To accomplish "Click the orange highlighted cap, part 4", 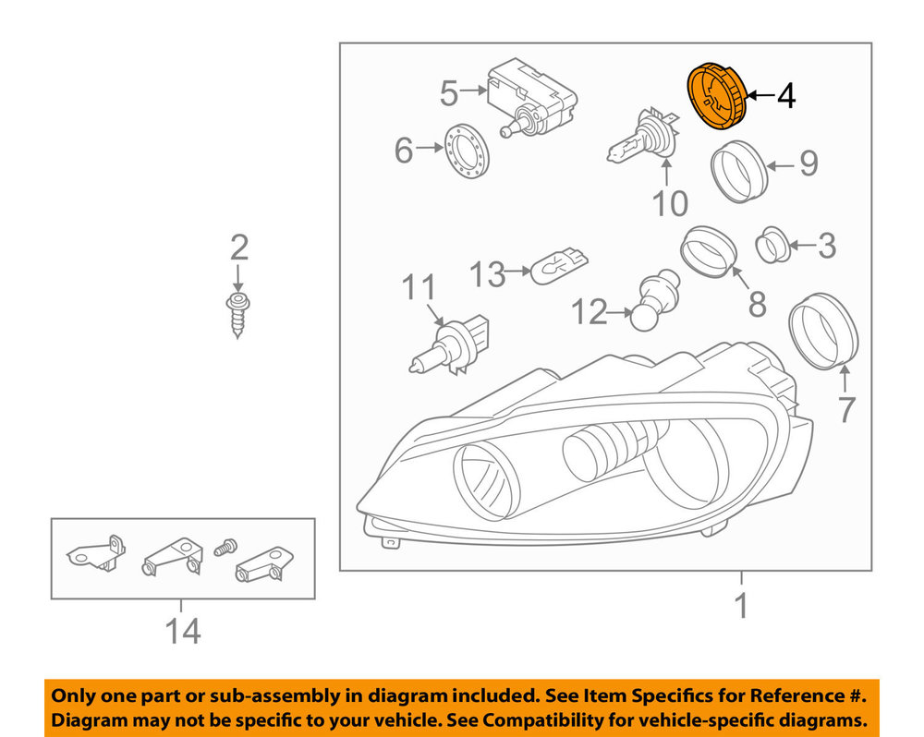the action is (717, 94).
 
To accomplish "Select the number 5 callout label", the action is (449, 93).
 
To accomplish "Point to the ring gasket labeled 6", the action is (466, 152).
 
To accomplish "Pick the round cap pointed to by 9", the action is (739, 172).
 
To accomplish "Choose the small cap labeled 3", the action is (772, 244).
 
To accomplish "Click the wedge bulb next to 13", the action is (560, 266).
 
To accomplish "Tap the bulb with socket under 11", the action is (449, 347).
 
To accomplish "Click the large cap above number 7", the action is (823, 331).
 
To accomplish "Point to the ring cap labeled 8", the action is (709, 251).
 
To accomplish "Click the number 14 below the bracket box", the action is (183, 631).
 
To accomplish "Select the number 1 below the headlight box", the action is (741, 606).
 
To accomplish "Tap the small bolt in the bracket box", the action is (225, 548).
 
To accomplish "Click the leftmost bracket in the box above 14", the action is (96, 553).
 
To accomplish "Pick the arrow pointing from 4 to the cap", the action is (760, 95).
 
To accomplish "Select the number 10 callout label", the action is (670, 204).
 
